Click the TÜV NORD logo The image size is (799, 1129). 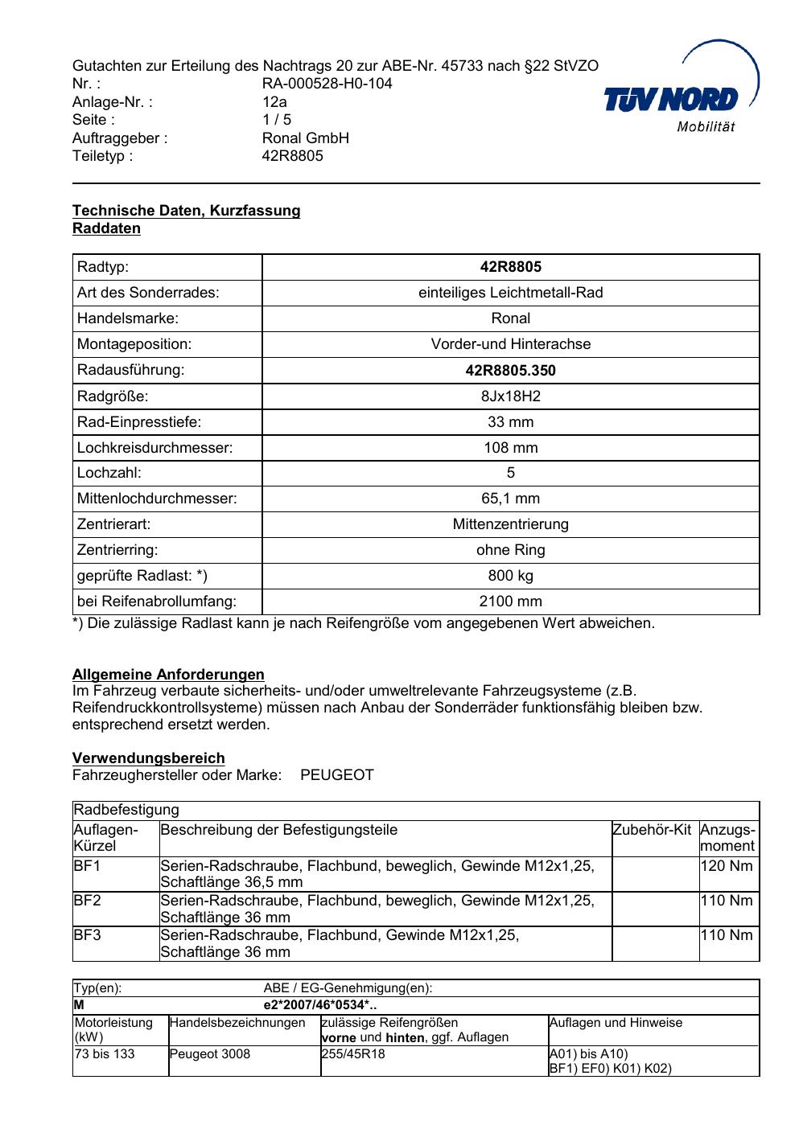(x=680, y=96)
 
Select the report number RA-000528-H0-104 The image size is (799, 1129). (x=327, y=84)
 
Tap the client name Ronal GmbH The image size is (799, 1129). (x=305, y=138)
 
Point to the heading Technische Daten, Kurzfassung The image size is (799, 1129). (x=186, y=211)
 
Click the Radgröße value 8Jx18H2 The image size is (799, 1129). (x=510, y=396)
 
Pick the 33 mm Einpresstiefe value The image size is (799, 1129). (x=510, y=422)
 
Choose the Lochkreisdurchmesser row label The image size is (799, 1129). (x=154, y=448)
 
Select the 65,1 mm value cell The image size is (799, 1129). (x=510, y=499)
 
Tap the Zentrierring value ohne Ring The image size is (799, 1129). (x=510, y=550)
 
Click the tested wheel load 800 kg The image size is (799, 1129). (x=510, y=576)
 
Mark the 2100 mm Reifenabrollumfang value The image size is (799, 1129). (x=510, y=601)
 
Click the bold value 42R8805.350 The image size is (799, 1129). (x=510, y=371)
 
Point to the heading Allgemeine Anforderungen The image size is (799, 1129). (x=168, y=675)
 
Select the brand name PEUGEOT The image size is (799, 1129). (x=336, y=775)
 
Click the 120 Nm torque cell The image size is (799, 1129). (x=727, y=866)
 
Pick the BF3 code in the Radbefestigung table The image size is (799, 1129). (x=87, y=935)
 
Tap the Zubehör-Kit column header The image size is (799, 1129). (x=652, y=830)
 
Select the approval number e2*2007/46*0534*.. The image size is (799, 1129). (x=319, y=1005)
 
